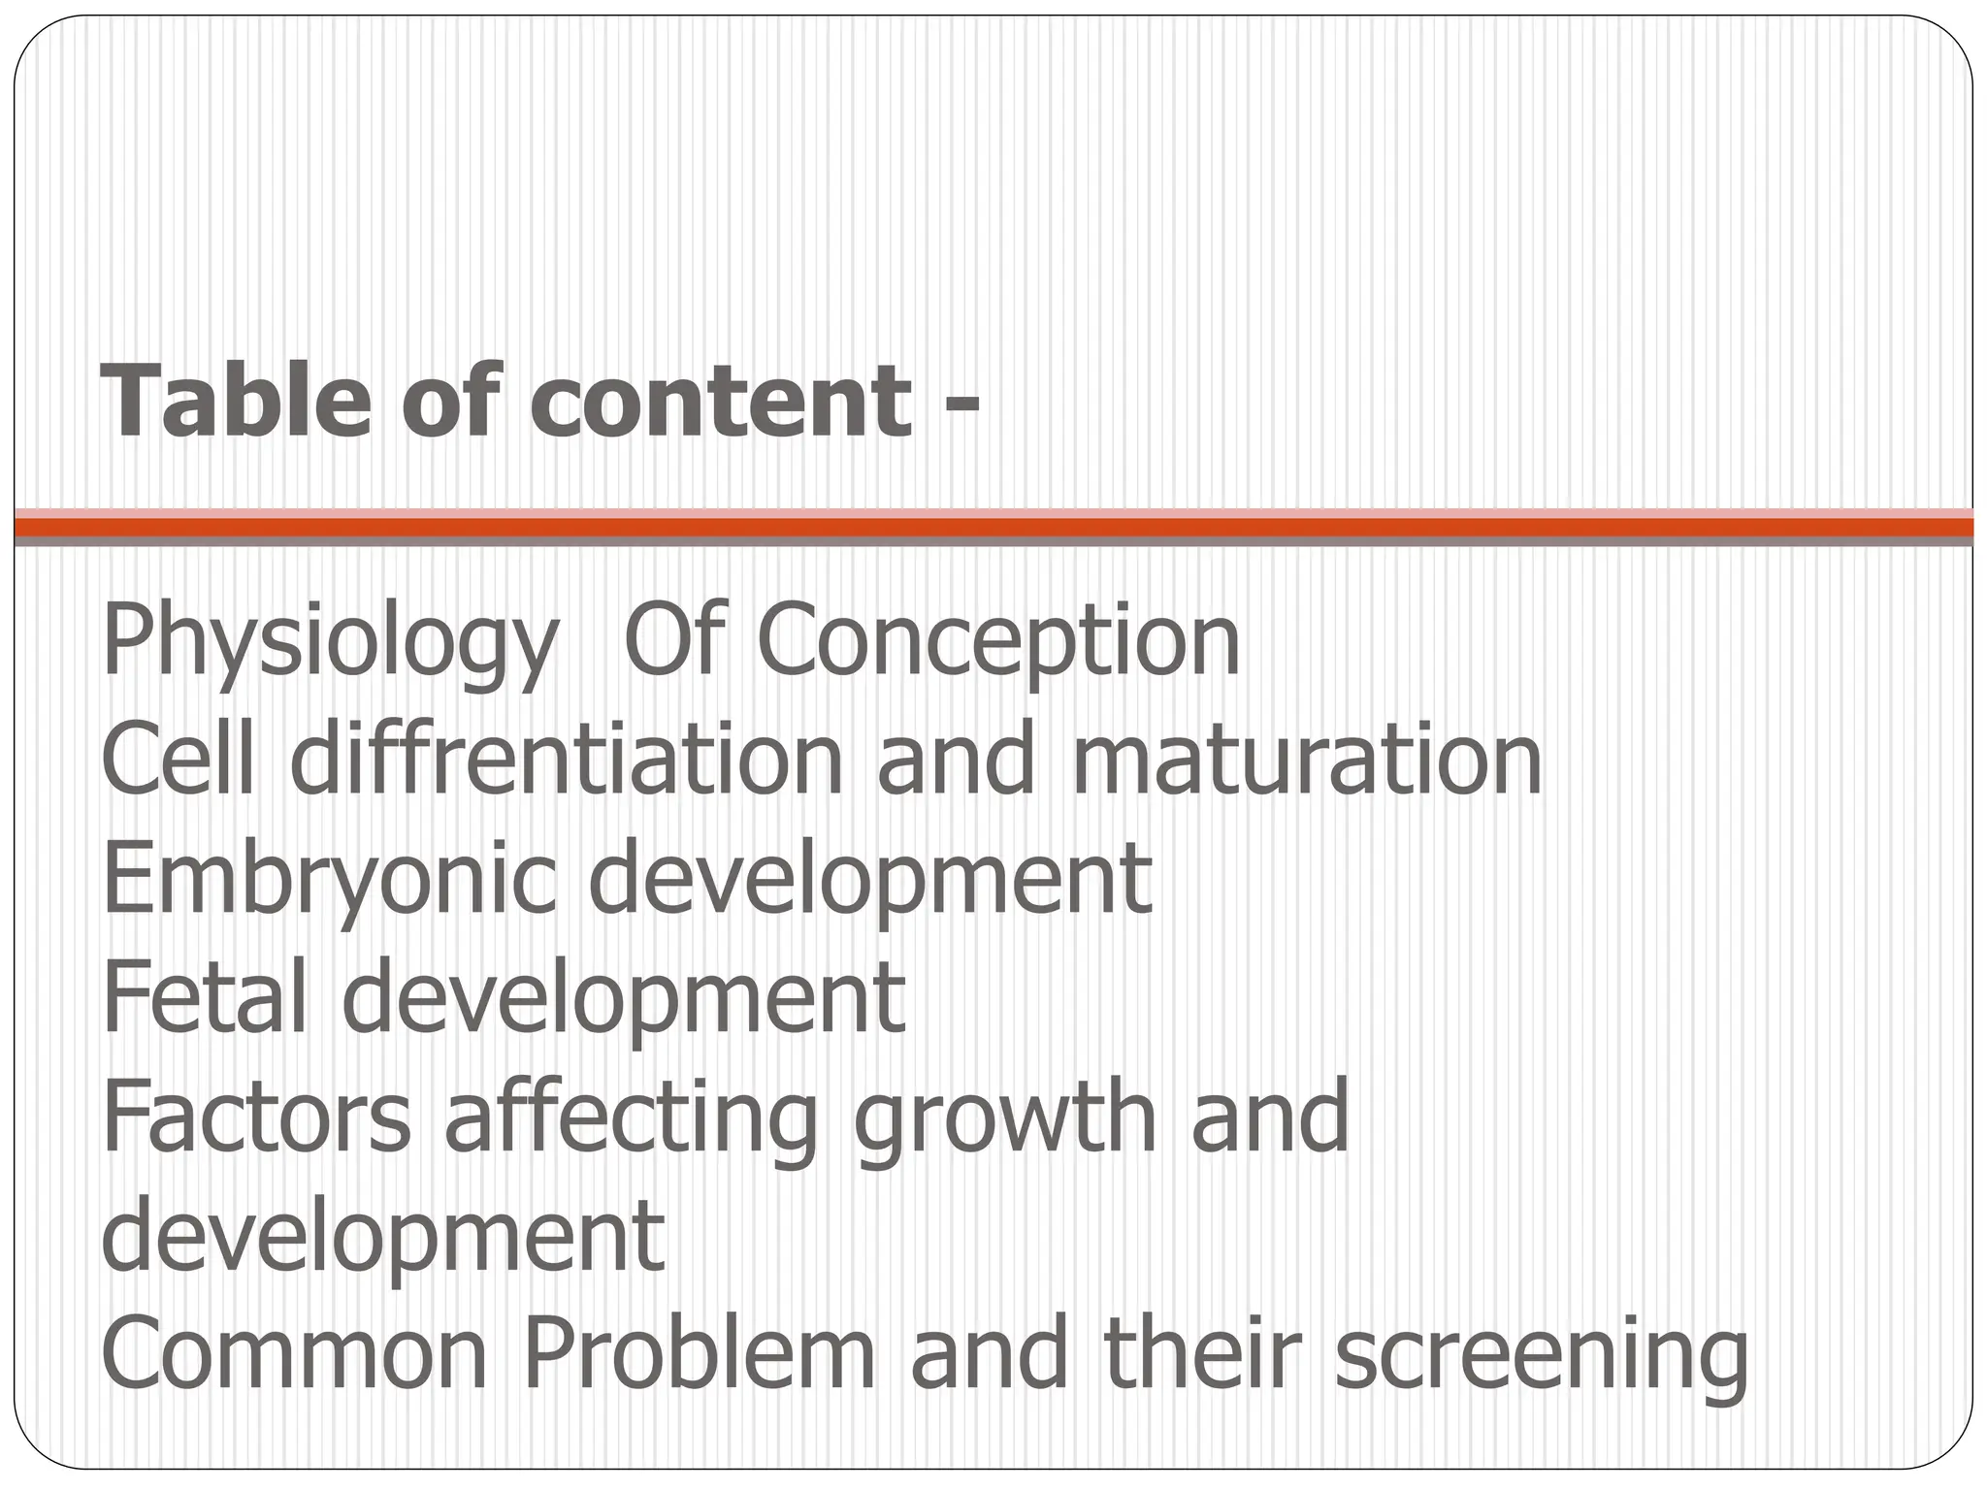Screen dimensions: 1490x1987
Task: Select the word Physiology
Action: click(330, 642)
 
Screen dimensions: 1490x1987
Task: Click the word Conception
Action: click(998, 642)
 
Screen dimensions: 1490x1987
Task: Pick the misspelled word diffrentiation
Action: click(567, 761)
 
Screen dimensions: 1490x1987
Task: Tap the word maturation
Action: click(1305, 761)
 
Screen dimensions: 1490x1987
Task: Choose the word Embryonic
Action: click(330, 880)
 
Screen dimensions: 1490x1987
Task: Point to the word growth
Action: click(1005, 1120)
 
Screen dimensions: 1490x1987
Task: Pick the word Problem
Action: click(699, 1355)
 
